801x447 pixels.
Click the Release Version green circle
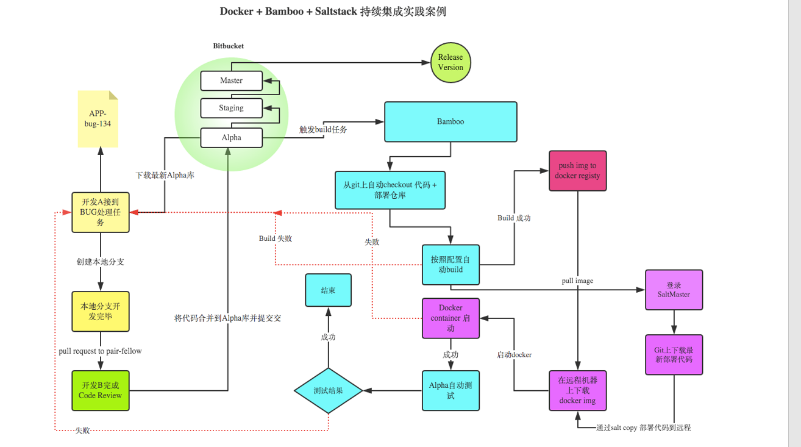(x=450, y=62)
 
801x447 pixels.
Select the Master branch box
(x=232, y=80)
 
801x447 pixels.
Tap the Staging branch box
(x=232, y=108)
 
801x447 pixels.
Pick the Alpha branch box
(x=232, y=138)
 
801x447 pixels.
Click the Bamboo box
(x=450, y=122)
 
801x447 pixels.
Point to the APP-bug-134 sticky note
(x=98, y=119)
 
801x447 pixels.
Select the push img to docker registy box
(x=577, y=171)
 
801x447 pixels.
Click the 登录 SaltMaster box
(x=674, y=290)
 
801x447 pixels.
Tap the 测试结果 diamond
(x=328, y=390)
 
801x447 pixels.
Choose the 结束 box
(x=328, y=290)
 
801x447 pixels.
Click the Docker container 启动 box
(x=450, y=318)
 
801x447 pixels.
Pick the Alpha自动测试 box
(x=450, y=390)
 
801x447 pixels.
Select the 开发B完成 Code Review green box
(x=100, y=390)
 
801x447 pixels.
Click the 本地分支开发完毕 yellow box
(x=100, y=311)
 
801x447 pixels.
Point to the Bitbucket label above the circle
(x=229, y=46)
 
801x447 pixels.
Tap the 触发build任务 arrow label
(x=323, y=129)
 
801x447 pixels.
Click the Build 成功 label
(x=514, y=218)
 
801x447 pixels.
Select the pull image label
(x=577, y=281)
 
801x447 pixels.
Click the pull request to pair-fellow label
(x=100, y=351)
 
